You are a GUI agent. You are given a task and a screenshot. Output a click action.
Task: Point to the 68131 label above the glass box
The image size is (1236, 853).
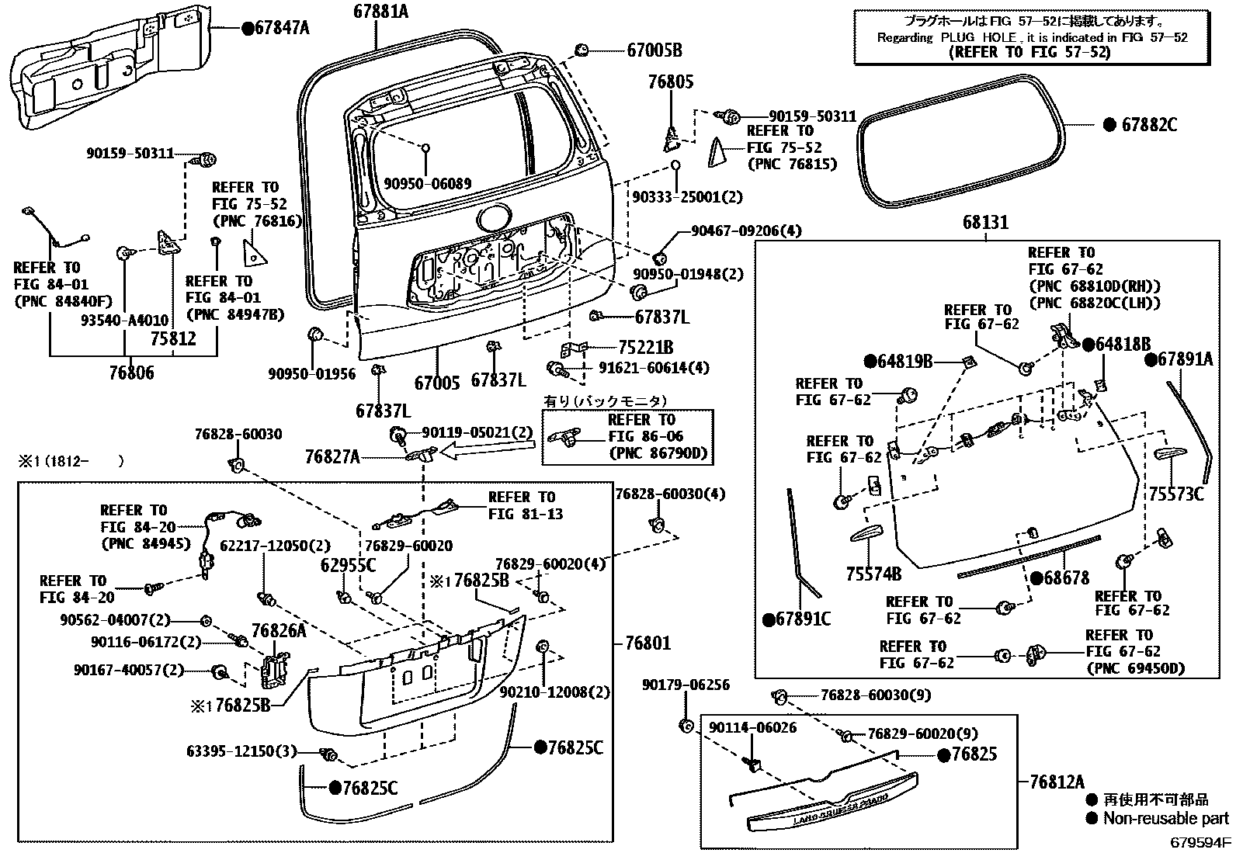[986, 223]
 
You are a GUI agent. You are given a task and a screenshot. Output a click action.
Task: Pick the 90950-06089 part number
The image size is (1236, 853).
[427, 184]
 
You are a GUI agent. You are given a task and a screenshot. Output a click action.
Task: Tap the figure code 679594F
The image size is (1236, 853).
[1201, 843]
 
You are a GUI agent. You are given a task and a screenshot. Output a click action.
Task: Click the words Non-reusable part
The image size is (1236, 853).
[1166, 818]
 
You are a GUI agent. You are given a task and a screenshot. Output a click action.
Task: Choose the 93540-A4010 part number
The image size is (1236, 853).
[123, 319]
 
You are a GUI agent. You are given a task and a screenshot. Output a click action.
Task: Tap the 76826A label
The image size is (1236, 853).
[279, 631]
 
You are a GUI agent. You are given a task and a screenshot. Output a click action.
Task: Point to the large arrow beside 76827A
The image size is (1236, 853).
[485, 449]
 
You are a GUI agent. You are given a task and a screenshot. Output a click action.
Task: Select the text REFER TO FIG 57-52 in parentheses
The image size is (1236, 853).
[1030, 53]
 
